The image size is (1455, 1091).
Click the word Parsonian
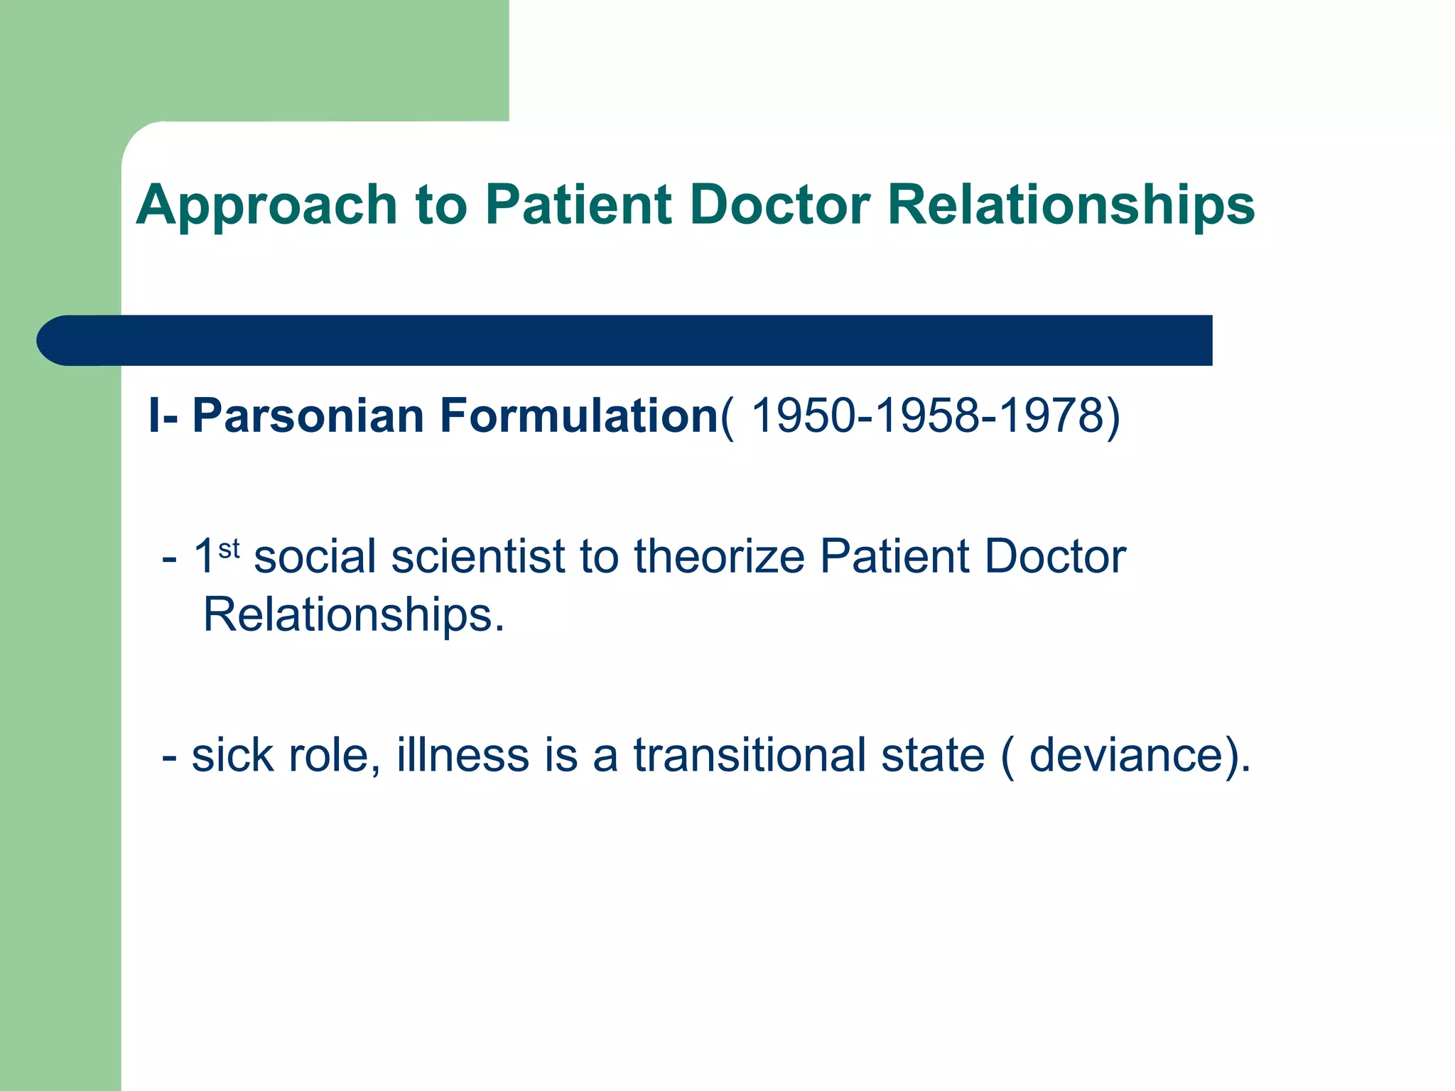(308, 416)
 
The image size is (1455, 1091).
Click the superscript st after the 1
(229, 548)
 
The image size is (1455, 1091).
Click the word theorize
(719, 556)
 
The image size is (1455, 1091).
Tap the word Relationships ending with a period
(353, 615)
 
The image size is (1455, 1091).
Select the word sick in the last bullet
(232, 755)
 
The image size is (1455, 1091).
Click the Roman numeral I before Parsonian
(153, 416)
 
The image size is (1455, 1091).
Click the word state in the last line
(933, 755)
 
